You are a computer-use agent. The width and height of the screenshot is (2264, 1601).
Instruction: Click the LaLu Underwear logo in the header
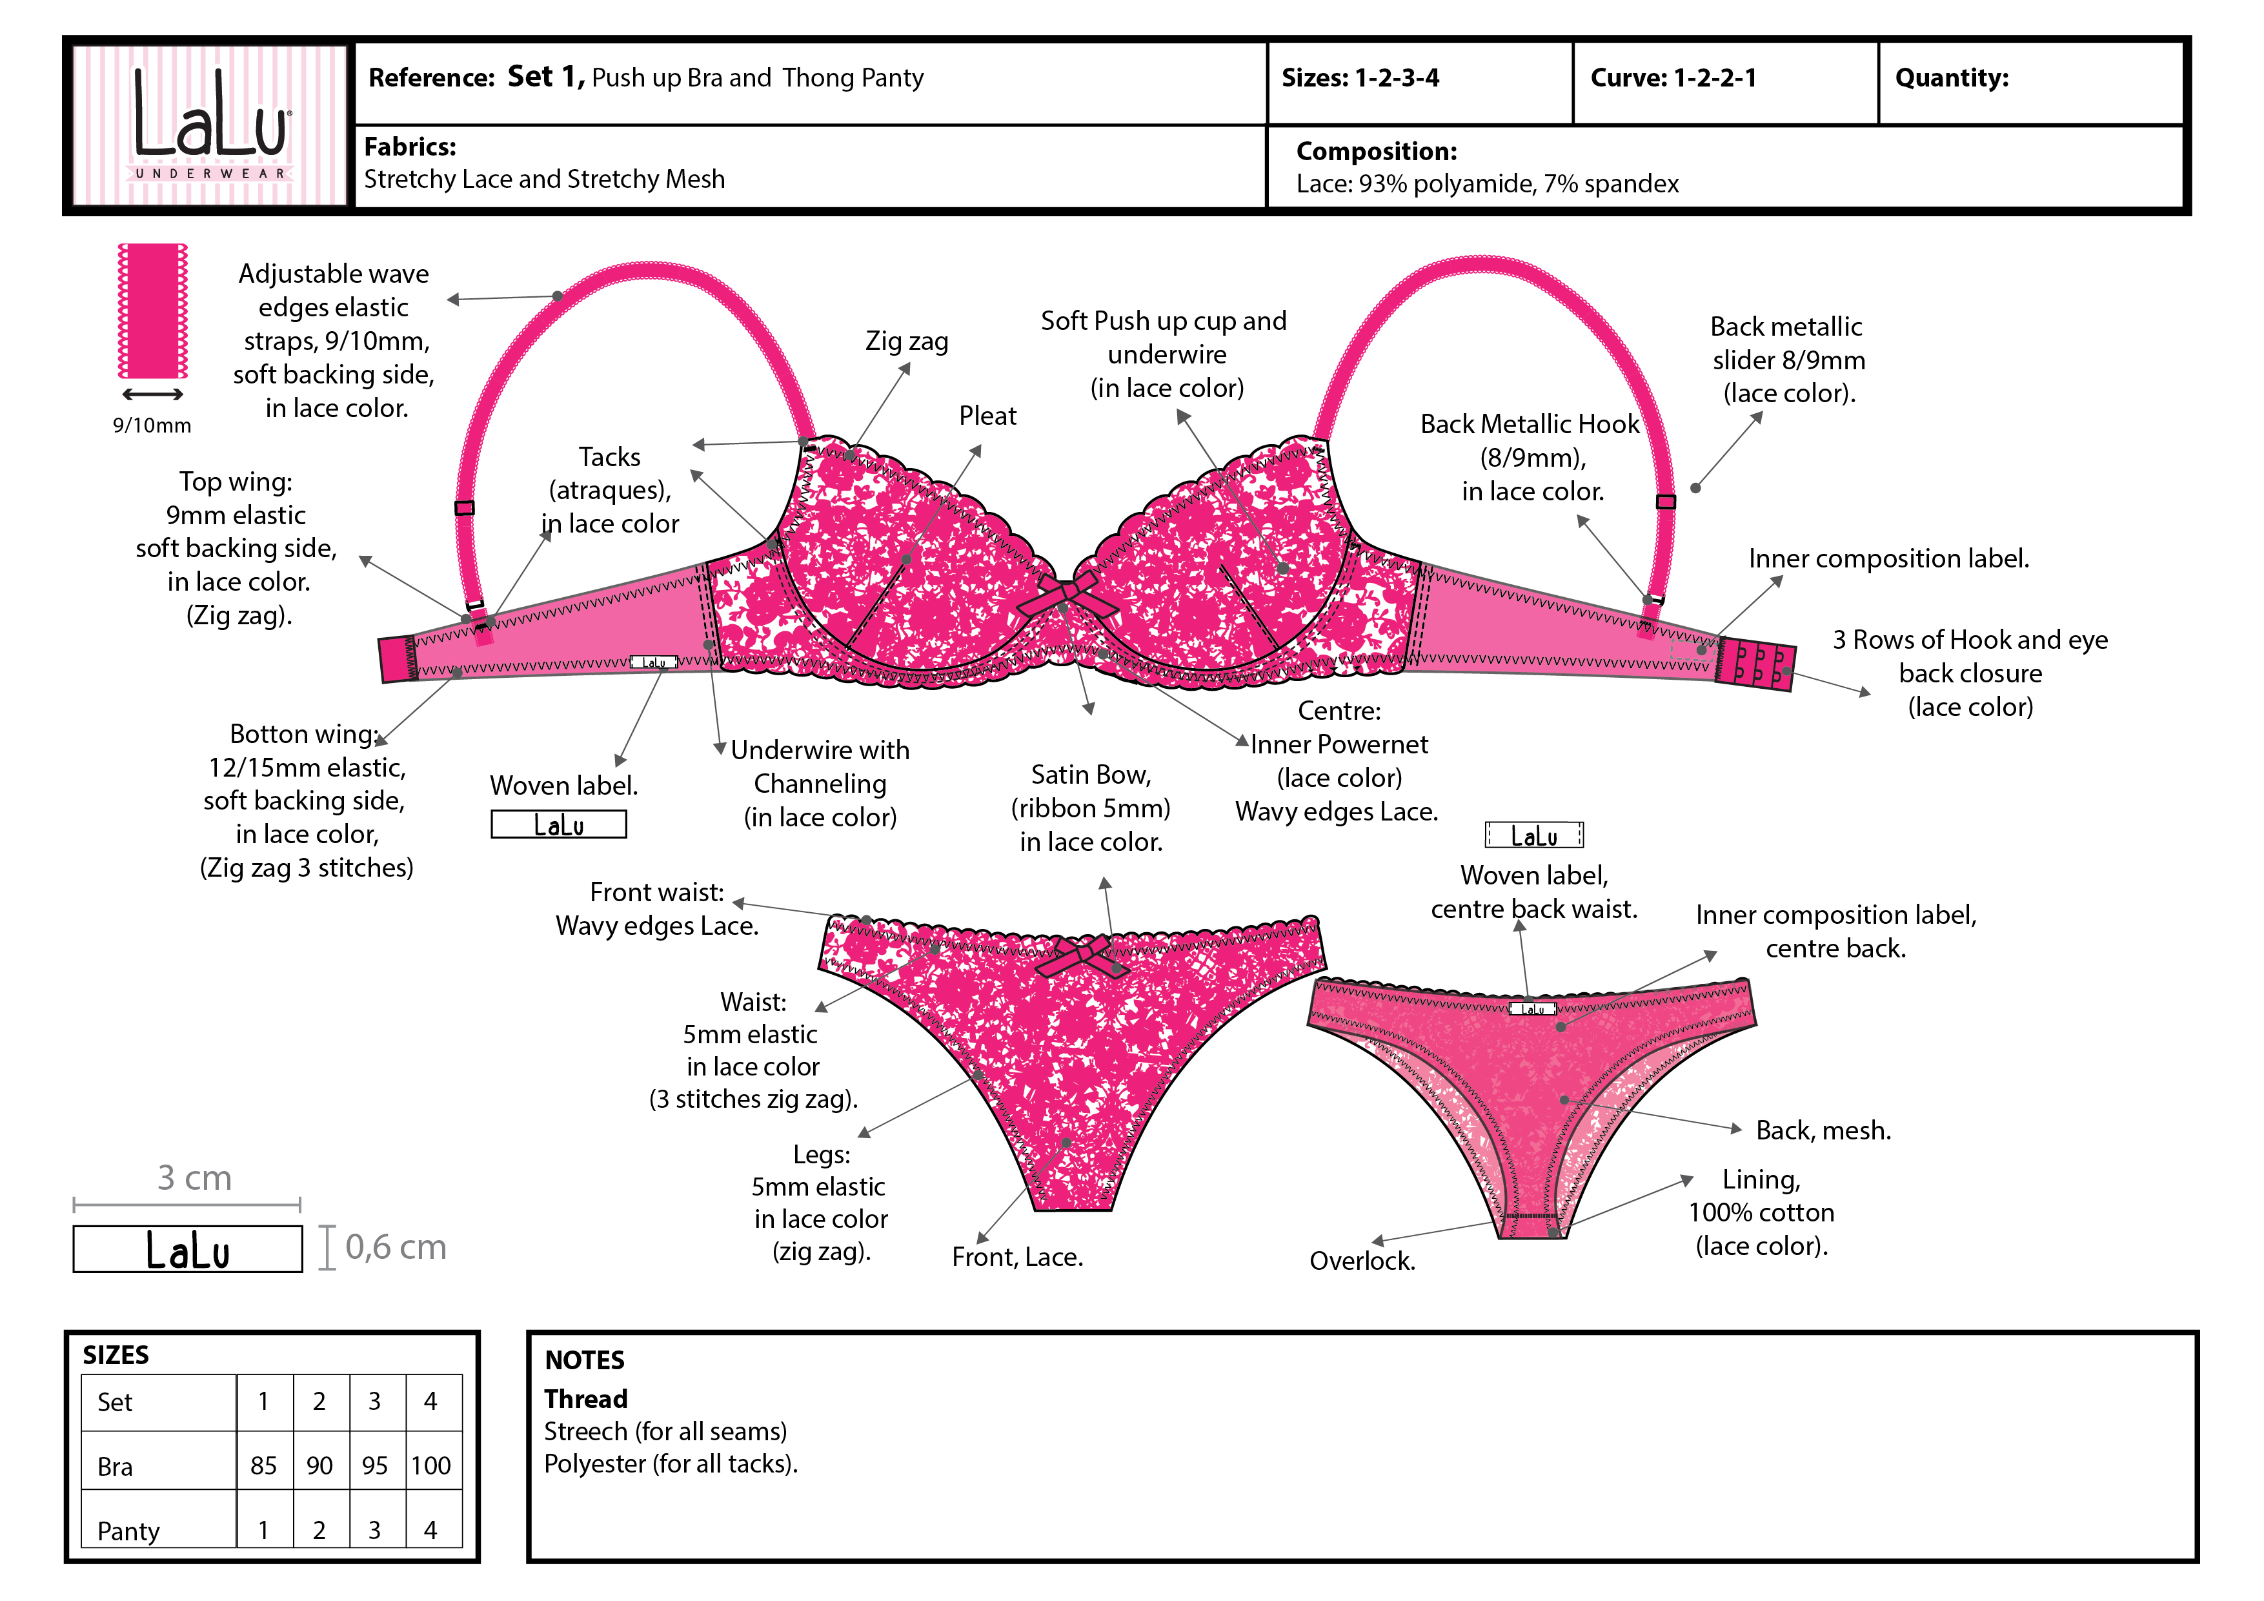(x=210, y=125)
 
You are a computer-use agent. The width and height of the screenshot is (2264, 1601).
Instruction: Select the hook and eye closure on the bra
(x=1757, y=664)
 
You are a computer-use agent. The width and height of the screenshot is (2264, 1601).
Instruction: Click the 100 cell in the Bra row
(x=431, y=1466)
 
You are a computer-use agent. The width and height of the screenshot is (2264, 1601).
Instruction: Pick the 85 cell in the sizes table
(x=263, y=1466)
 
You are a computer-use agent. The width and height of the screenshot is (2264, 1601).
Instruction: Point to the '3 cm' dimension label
(x=194, y=1178)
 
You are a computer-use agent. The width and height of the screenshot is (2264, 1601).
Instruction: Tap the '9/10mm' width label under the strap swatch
(x=152, y=426)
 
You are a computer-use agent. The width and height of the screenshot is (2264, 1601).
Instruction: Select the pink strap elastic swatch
(x=153, y=311)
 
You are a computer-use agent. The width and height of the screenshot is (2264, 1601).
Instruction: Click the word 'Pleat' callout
(x=987, y=416)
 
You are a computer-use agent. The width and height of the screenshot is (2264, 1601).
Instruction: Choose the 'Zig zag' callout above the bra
(x=906, y=342)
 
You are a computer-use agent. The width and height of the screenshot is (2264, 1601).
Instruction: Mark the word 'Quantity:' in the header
(x=1952, y=78)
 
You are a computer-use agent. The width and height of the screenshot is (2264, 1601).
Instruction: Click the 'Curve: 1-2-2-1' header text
(x=1673, y=78)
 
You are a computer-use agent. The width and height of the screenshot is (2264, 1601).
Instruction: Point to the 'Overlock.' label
(x=1362, y=1261)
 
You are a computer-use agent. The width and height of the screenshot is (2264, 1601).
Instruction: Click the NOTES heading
(x=585, y=1360)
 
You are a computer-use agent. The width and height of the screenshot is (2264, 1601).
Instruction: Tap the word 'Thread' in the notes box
(x=586, y=1399)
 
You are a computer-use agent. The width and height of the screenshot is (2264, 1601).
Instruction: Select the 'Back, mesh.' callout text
(x=1823, y=1130)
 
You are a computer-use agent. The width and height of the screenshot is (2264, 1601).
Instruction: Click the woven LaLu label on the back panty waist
(x=1532, y=1009)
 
